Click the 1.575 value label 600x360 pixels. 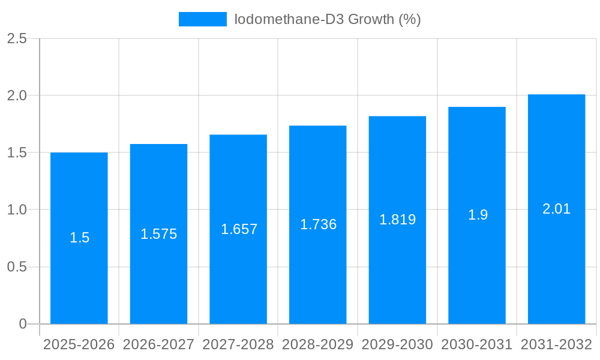click(x=158, y=234)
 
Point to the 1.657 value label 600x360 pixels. click(x=239, y=229)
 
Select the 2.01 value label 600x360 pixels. click(x=556, y=209)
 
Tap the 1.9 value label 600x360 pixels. click(x=478, y=215)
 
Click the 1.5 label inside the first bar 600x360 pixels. click(x=79, y=238)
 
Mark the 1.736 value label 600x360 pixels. click(x=318, y=224)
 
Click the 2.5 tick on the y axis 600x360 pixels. click(x=17, y=38)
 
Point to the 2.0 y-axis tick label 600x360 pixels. click(x=17, y=95)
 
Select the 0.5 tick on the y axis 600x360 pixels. click(x=17, y=267)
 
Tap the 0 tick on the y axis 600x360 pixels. click(x=23, y=324)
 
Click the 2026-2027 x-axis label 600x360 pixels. click(x=158, y=344)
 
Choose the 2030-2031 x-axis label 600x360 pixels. click(x=476, y=344)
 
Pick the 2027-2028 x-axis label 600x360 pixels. click(x=238, y=344)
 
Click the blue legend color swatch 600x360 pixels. click(x=203, y=19)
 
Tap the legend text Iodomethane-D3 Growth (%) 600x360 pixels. click(x=328, y=19)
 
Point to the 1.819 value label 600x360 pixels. click(x=397, y=220)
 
